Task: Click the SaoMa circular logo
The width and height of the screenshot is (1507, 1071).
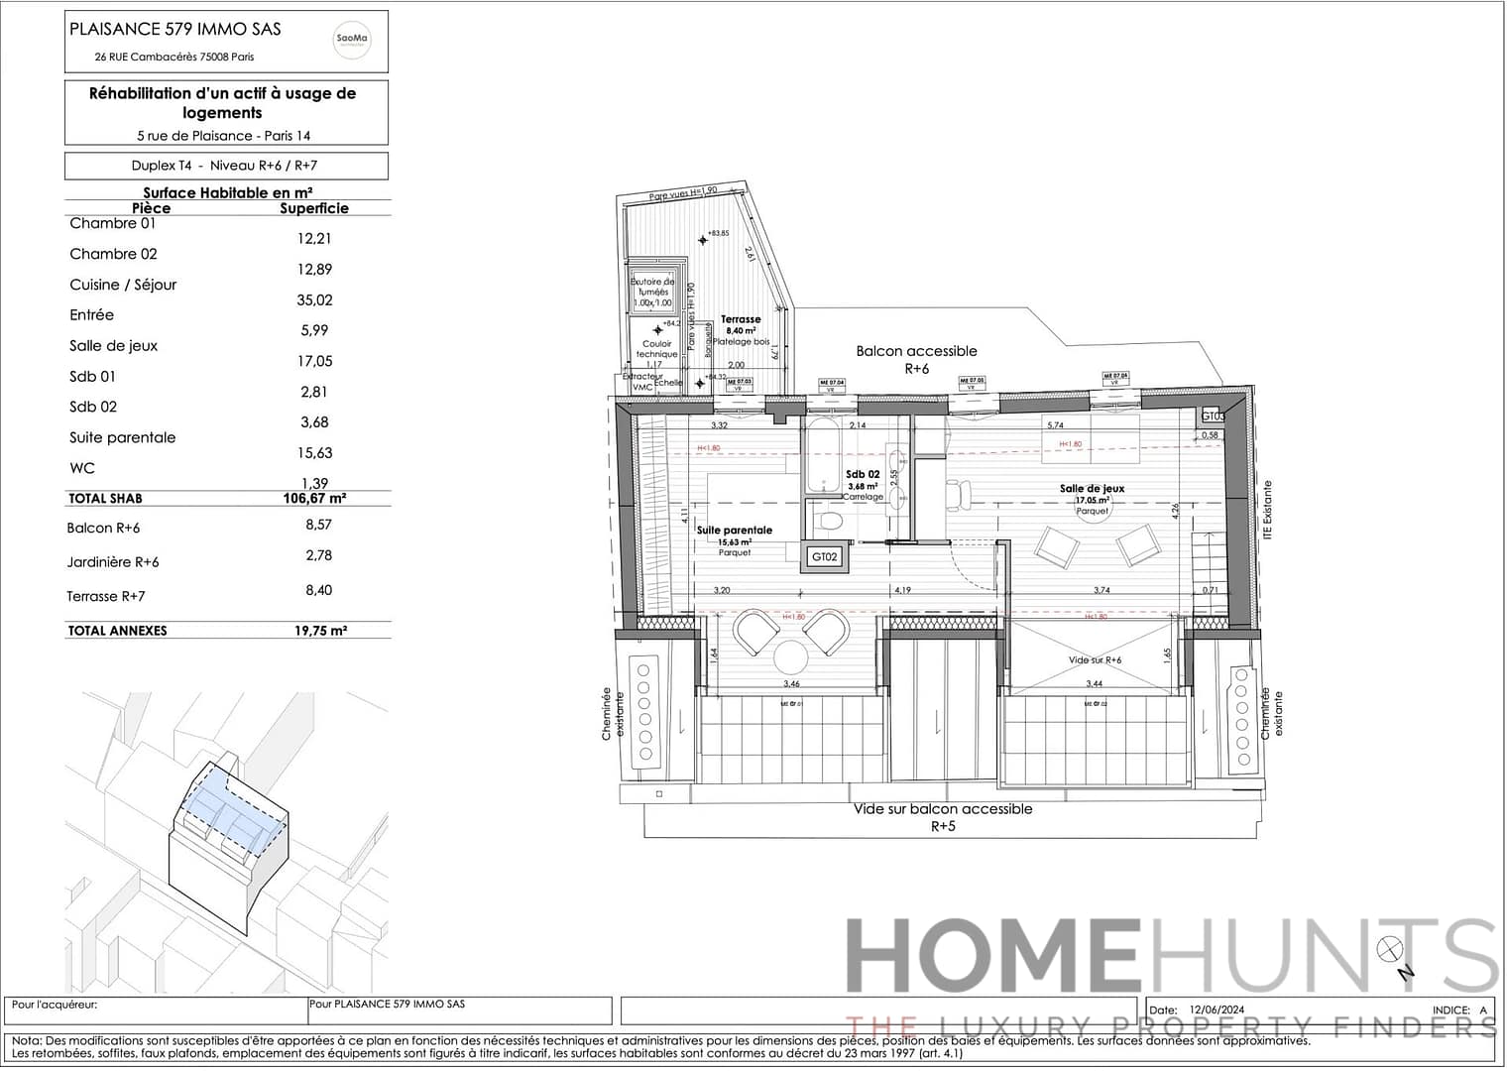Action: pos(352,40)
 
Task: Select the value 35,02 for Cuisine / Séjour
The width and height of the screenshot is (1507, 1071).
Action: pos(314,299)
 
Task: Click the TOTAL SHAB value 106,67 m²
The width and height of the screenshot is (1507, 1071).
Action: pos(314,499)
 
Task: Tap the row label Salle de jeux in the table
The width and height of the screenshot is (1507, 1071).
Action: pos(113,346)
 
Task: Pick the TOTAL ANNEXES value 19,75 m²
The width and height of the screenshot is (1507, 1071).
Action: pos(320,631)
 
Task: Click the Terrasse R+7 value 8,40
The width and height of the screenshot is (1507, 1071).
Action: pos(318,590)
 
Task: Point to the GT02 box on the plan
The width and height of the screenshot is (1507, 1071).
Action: pos(825,557)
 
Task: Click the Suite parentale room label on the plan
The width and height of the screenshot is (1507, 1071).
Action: pos(734,531)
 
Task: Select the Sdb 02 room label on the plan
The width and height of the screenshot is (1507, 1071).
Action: pos(863,475)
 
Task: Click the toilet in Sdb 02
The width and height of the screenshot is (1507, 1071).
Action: pos(829,520)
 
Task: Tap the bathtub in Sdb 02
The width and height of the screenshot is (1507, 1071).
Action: pos(822,456)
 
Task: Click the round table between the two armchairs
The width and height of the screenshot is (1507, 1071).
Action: pos(791,656)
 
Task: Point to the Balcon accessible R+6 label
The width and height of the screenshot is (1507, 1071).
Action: pos(916,359)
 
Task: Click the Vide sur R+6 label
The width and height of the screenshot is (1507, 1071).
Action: pos(1095,659)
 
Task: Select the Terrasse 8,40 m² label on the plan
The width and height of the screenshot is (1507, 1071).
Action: pos(741,325)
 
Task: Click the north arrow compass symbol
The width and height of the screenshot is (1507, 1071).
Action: pos(1389,949)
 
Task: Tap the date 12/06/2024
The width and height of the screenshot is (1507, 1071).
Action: pos(1217,1010)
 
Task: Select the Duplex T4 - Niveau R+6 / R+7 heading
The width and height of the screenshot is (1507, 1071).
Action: pos(225,166)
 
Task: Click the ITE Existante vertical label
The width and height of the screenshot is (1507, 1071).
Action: pos(1268,510)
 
